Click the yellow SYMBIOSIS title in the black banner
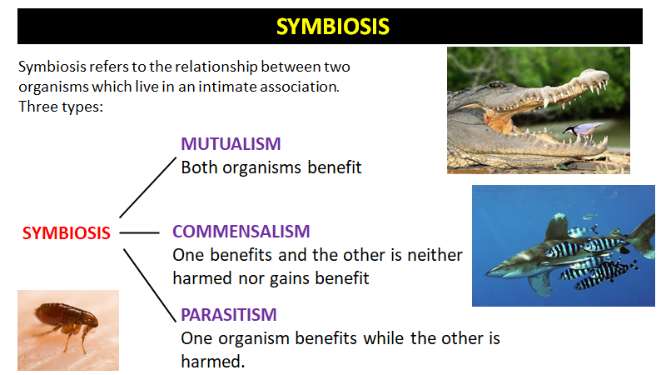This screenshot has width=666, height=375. coord(332,27)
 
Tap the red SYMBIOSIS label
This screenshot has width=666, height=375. coord(67,233)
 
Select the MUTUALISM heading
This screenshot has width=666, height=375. coord(231,144)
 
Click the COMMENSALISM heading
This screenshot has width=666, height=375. coord(241,232)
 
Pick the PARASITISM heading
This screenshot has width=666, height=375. coord(228,315)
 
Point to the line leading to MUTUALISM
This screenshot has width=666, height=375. coord(148,187)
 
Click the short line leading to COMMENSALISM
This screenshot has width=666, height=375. coord(139,233)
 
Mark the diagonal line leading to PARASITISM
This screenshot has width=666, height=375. coord(150,285)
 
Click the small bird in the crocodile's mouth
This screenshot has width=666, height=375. coord(583,129)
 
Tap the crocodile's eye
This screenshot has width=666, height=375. coord(495,85)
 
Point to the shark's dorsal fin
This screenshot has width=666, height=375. coord(556,227)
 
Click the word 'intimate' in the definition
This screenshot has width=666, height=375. coord(227,87)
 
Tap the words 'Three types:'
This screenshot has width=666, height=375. coord(61,107)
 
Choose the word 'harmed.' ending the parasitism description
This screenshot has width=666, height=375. coord(213,362)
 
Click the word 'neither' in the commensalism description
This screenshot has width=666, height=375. coord(435,255)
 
